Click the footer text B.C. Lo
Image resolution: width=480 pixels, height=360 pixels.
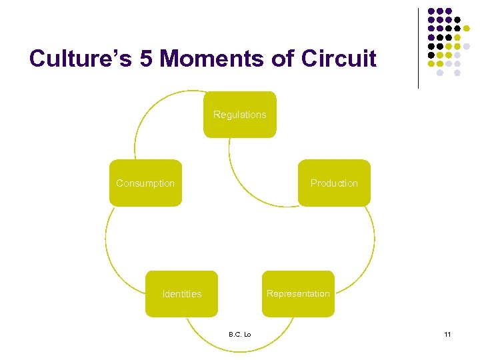(239, 334)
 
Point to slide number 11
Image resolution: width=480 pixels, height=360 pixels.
(447, 334)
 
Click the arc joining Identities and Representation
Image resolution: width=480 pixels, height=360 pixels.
(240, 350)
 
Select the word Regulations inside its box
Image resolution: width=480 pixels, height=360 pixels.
(239, 115)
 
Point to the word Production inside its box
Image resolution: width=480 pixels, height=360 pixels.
(334, 183)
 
